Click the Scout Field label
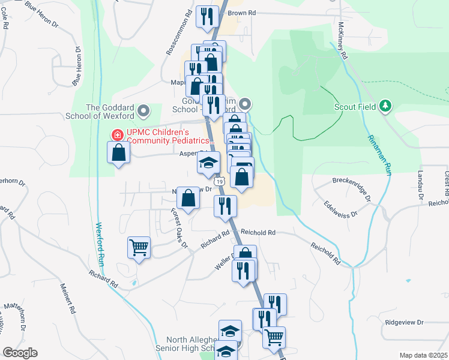point(355,107)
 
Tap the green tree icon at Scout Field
point(385,107)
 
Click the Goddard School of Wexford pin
point(143,111)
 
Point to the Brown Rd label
point(242,12)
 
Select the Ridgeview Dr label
point(404,322)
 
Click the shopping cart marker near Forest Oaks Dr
point(139,246)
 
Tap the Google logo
point(20,353)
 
